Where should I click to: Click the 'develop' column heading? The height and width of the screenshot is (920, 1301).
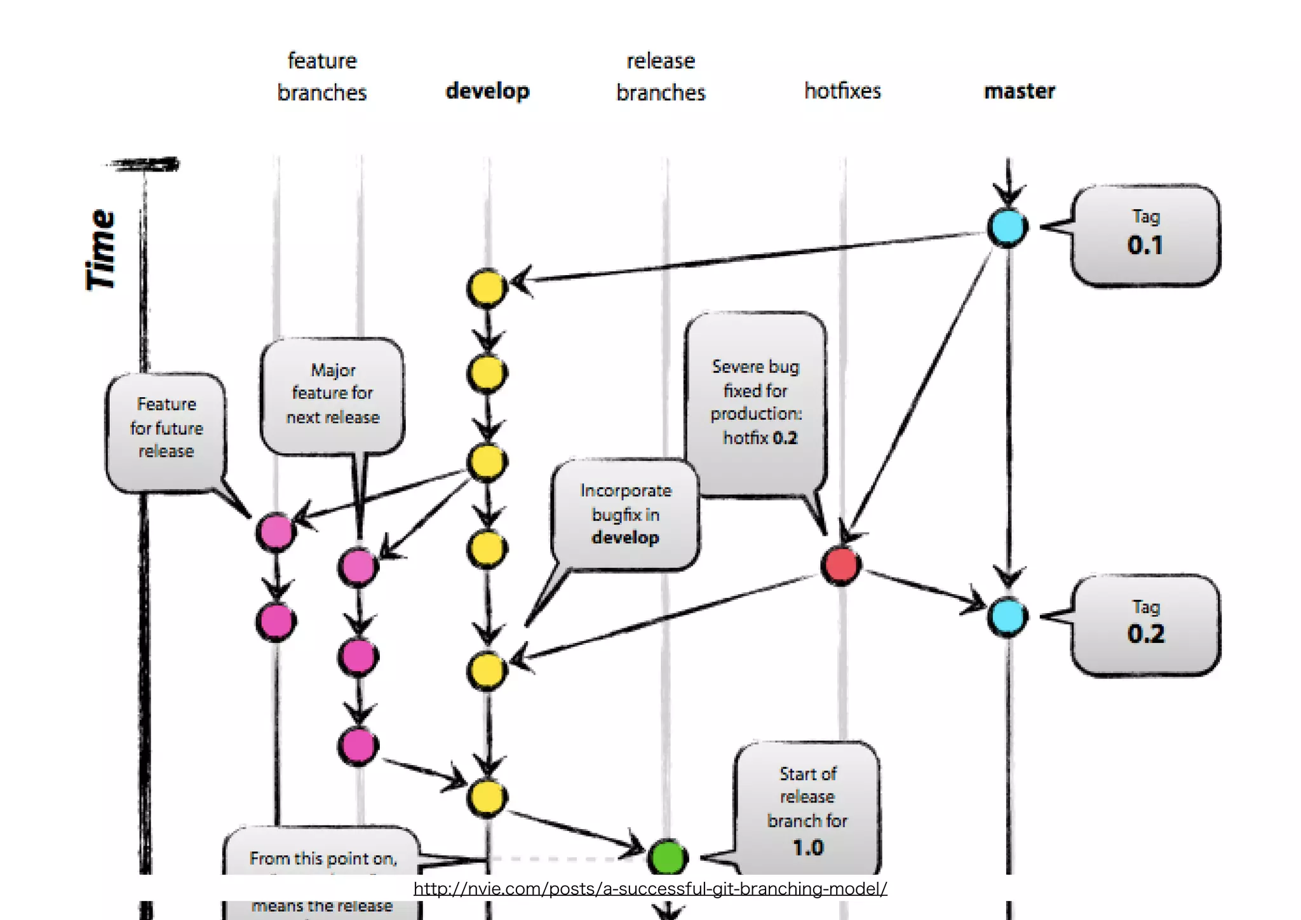tap(487, 91)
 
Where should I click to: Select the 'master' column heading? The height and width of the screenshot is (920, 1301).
tap(1019, 91)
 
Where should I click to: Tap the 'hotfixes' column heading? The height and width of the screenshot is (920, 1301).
tap(842, 91)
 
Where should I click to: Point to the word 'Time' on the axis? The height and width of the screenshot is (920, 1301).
tap(102, 250)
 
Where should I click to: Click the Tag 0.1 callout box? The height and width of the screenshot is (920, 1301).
tap(1145, 235)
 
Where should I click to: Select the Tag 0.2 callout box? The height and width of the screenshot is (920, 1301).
tap(1145, 625)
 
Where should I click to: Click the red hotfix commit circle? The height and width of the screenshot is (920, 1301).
tap(840, 565)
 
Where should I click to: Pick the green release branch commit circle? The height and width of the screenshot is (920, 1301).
tap(667, 856)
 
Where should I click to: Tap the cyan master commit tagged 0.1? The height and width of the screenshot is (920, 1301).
tap(1008, 227)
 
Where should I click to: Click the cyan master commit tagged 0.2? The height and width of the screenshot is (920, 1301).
tap(1008, 616)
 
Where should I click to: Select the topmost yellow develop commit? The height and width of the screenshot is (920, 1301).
tap(487, 288)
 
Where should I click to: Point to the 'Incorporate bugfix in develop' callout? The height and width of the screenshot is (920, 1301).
tap(626, 514)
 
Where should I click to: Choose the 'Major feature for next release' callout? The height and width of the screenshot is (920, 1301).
tap(332, 395)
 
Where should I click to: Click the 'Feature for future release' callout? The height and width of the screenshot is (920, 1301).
tap(166, 428)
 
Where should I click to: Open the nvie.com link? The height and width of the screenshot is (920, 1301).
tap(650, 888)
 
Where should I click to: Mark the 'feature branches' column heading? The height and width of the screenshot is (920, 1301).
tap(322, 76)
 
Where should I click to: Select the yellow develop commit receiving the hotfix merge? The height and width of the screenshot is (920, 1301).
tap(487, 670)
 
